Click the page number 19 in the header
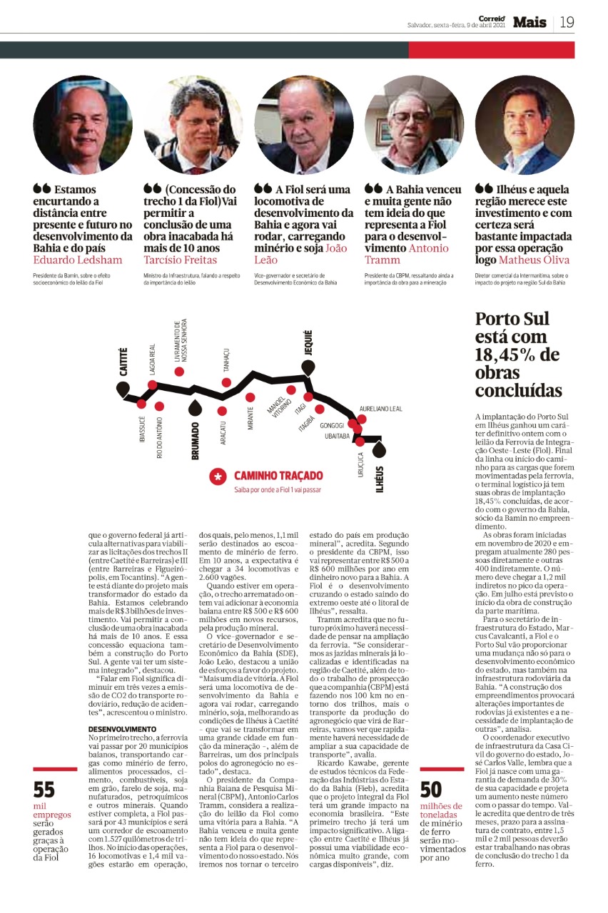pos(567,22)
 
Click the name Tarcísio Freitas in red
pos(181,260)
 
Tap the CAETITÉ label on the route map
pos(123,362)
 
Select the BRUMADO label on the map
pos(196,441)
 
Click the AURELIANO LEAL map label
pos(381,409)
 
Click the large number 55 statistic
pos(44,790)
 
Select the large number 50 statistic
pos(431,790)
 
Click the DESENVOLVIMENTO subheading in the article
pos(118,709)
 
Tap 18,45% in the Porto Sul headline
pos(518,355)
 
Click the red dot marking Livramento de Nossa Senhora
pos(179,372)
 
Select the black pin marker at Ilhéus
pos(379,449)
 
